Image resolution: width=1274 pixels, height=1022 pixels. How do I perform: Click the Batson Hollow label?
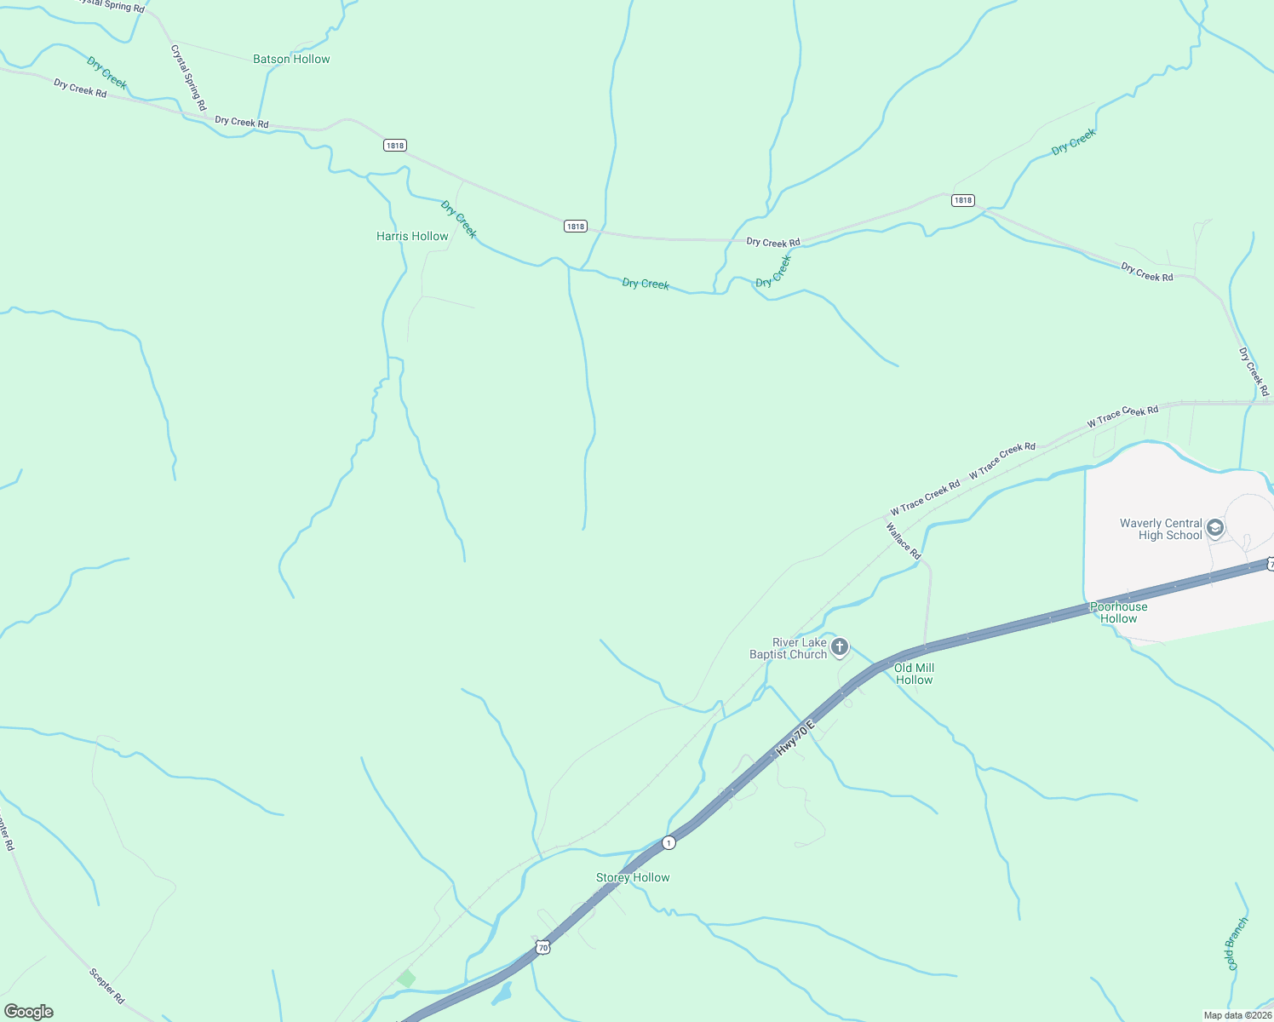(291, 60)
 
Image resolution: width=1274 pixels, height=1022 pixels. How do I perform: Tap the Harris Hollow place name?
(412, 237)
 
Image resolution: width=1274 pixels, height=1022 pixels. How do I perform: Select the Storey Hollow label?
(633, 878)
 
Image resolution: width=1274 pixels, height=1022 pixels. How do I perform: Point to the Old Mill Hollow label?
(914, 674)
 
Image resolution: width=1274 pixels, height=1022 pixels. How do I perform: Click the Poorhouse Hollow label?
(1118, 613)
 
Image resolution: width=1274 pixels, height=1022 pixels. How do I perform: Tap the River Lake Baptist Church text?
(788, 649)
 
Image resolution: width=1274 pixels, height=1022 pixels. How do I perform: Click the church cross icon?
(840, 648)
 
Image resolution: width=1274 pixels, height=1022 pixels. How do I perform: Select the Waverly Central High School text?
(1161, 530)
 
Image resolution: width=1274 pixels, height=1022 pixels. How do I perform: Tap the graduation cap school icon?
(1215, 529)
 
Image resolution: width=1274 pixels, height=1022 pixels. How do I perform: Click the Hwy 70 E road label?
(795, 738)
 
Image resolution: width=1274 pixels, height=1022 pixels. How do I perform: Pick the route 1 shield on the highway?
(669, 842)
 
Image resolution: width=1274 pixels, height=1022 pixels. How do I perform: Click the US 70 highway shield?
(542, 947)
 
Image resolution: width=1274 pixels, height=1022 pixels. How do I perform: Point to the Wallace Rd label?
(903, 541)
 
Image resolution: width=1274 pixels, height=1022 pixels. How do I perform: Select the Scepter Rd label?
(106, 985)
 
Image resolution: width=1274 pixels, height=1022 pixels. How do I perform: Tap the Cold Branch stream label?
(1237, 944)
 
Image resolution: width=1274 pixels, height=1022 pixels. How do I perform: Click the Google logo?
(29, 1012)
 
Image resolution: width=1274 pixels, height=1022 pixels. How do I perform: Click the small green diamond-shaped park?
(406, 979)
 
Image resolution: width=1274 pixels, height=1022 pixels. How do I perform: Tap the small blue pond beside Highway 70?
(502, 992)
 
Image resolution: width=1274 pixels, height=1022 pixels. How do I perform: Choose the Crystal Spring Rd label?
(188, 78)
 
